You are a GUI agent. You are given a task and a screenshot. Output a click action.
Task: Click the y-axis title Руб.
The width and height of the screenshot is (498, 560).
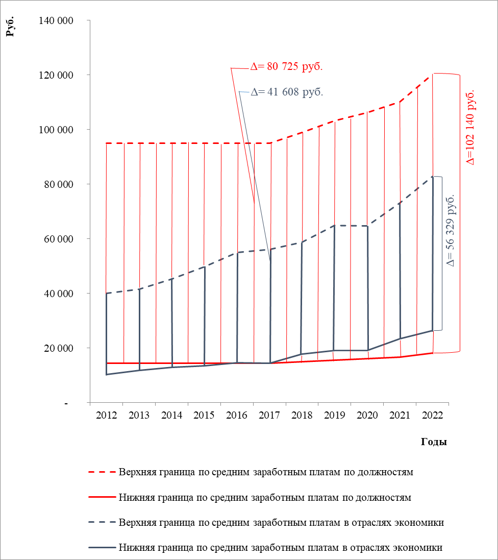tap(10, 27)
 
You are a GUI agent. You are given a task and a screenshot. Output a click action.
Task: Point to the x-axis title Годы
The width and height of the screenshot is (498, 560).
tap(434, 442)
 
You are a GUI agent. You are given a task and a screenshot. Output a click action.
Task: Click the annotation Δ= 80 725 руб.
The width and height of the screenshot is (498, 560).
tap(287, 66)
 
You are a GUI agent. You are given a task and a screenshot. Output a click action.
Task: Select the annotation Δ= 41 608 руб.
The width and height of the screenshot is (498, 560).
tap(287, 92)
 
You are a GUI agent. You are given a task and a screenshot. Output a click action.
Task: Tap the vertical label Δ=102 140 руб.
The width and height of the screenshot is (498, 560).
tap(470, 127)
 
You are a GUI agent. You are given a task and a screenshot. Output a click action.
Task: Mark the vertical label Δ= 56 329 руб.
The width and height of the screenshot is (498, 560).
tap(450, 230)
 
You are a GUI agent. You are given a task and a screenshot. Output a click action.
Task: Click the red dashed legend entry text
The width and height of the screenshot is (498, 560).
tap(265, 472)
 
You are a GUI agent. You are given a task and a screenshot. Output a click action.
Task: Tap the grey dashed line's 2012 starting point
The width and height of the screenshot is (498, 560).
tap(107, 294)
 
